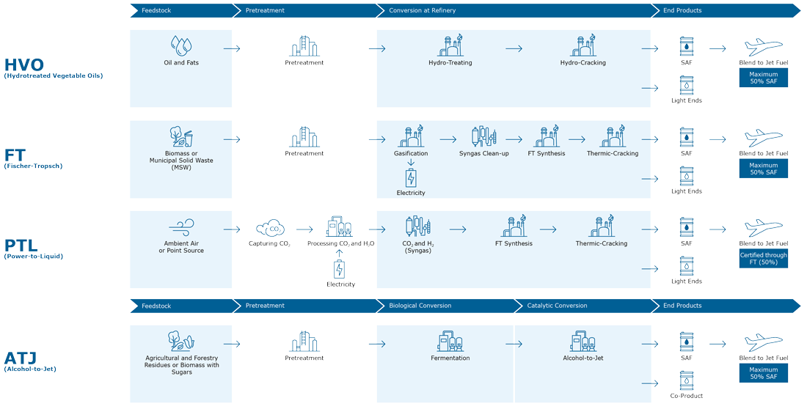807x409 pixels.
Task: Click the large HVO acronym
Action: pos(24,65)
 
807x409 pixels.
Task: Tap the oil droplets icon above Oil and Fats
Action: pos(181,45)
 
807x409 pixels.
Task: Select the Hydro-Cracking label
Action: pos(583,63)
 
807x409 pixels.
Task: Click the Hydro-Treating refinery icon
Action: pos(450,45)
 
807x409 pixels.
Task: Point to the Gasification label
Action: pos(411,153)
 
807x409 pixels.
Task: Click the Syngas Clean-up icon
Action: pos(483,136)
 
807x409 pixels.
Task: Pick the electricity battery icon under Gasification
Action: pos(411,178)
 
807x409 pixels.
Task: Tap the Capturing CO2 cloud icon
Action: pos(270,228)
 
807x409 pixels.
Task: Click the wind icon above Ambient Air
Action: pos(181,227)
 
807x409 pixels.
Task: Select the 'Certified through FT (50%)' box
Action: pos(763,259)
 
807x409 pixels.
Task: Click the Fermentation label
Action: pos(450,358)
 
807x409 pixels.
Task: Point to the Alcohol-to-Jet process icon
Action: pos(583,341)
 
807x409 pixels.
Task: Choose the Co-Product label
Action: pos(686,396)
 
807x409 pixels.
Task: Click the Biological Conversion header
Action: pos(420,306)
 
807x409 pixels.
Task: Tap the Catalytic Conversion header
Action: pos(557,306)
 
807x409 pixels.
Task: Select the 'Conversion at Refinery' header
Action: pos(422,10)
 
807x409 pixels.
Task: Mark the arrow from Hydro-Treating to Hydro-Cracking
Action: pos(514,49)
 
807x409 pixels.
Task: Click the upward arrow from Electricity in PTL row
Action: pos(339,253)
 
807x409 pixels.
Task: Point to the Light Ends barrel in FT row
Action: pos(687,176)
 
